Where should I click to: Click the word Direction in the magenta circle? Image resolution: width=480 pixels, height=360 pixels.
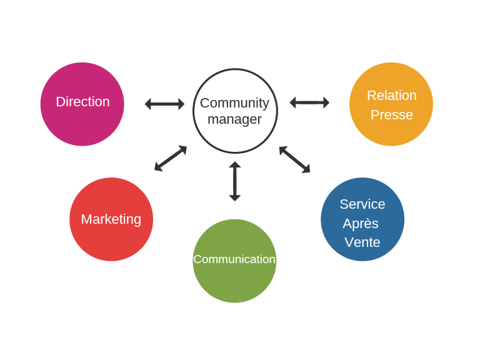[x=82, y=102]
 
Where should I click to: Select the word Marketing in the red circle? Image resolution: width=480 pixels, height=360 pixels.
[x=111, y=219]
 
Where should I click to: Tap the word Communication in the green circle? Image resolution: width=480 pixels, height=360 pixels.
[x=234, y=259]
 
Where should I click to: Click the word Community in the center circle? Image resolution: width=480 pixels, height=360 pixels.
[x=234, y=103]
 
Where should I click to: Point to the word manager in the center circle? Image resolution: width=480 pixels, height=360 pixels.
[x=234, y=119]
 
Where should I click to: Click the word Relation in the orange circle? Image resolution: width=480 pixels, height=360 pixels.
[x=391, y=96]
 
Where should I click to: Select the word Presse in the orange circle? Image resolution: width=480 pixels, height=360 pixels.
[x=391, y=115]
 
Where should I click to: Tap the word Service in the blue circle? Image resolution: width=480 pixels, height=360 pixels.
[x=362, y=204]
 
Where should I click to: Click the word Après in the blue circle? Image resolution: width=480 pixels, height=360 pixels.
[x=361, y=224]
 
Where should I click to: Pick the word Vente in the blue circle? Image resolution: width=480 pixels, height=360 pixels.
[x=362, y=242]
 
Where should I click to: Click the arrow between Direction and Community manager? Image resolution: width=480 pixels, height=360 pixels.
[x=165, y=104]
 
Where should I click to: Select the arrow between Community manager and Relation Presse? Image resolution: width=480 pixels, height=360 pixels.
[x=309, y=102]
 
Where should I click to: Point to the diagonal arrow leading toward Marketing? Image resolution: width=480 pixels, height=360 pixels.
[x=171, y=158]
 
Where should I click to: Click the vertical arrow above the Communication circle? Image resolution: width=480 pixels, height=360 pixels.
[x=235, y=181]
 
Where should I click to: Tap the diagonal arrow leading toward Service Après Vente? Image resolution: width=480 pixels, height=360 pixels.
[x=294, y=159]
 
